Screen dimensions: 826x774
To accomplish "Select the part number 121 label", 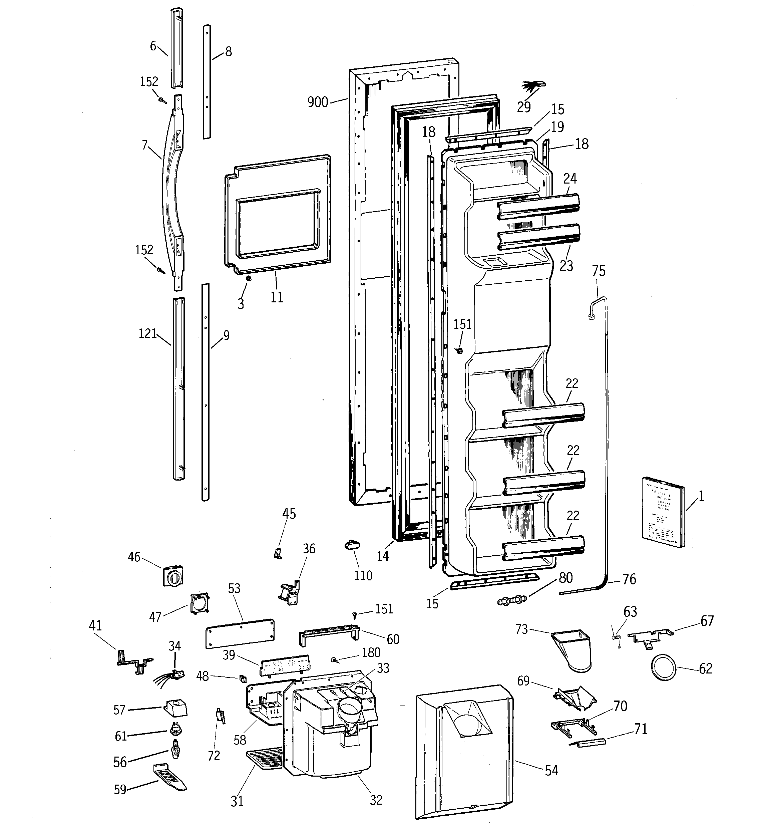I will pos(147,334).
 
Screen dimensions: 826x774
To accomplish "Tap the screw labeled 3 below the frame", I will pos(249,278).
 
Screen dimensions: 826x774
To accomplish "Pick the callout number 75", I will pos(599,271).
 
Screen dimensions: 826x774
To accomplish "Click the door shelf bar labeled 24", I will pos(538,207).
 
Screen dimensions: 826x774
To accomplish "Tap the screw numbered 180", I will pos(334,659).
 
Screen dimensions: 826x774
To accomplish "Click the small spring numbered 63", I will pos(615,636).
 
